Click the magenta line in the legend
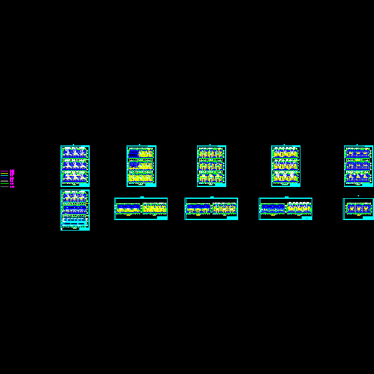point(4,171)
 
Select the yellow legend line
point(4,173)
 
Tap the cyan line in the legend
point(4,175)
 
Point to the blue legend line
point(4,178)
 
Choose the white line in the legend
point(4,181)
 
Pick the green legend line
point(4,183)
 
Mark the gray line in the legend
point(4,186)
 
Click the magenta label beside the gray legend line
point(12,186)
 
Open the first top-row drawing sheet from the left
point(75,166)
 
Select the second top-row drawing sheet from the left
point(141,166)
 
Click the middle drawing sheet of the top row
point(211,166)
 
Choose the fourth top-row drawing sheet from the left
point(285,166)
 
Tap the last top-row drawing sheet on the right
point(358,166)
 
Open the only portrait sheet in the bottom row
point(75,210)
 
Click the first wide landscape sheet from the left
point(141,209)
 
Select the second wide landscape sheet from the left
point(211,209)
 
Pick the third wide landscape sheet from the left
point(285,209)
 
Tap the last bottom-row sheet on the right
point(358,209)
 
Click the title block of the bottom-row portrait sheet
point(85,228)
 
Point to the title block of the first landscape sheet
point(162,218)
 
